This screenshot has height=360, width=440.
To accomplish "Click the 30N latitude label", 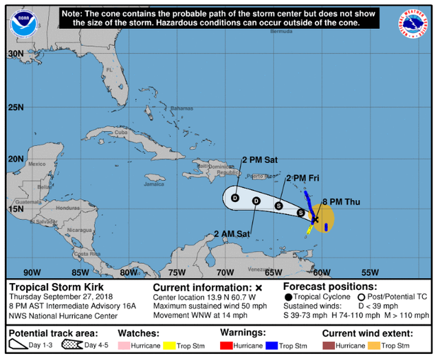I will click(15, 53).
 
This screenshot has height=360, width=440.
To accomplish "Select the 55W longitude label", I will click(371, 272).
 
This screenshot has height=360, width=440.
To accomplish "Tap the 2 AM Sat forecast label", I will click(231, 233).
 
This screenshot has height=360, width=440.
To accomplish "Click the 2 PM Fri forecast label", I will click(303, 178).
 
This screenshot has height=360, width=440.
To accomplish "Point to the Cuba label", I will click(122, 133).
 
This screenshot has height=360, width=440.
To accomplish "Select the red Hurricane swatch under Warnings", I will click(227, 345).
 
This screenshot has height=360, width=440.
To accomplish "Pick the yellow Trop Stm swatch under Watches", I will click(170, 345).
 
